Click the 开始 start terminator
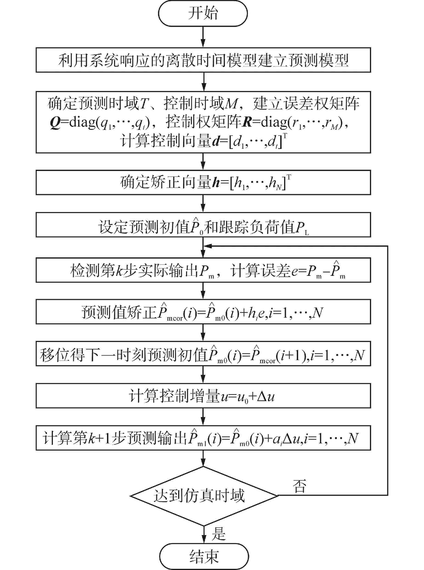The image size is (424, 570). (x=203, y=13)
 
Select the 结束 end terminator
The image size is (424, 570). (x=204, y=556)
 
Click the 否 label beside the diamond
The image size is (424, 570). (x=300, y=486)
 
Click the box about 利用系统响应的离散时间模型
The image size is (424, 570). (x=203, y=60)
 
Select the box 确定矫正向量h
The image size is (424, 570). (x=203, y=182)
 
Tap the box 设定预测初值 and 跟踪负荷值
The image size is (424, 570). (x=203, y=225)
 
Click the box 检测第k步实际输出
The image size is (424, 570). (x=203, y=270)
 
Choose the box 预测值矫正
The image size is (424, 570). (x=203, y=312)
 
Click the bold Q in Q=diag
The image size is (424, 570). (x=55, y=123)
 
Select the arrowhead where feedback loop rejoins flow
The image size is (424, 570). (x=207, y=246)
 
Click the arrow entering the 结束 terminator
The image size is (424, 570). (x=204, y=536)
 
